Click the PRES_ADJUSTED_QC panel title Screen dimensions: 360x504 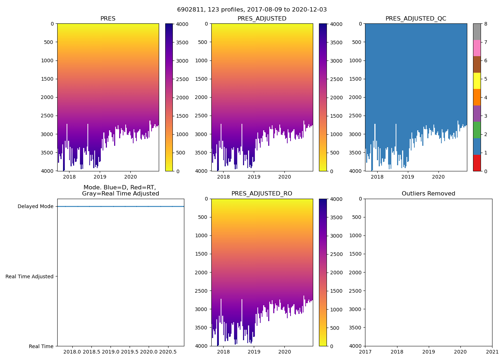416,19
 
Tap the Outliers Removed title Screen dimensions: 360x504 428,194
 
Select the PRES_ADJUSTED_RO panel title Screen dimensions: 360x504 262,194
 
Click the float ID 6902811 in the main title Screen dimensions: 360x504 189,10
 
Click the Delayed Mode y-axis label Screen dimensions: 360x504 35,207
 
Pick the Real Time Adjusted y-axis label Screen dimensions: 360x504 30,276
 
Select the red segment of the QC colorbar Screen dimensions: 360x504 477,163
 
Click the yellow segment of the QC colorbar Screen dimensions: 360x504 477,81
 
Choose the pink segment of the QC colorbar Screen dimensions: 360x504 477,48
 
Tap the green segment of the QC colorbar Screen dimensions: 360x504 477,130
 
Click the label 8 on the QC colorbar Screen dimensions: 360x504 486,24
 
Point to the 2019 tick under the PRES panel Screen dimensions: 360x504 100,176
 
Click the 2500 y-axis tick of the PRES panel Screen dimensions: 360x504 47,116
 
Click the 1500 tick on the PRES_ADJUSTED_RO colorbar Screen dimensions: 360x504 335,291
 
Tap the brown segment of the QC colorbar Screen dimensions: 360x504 477,64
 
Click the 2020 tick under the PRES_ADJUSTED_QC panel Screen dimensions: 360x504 438,176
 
